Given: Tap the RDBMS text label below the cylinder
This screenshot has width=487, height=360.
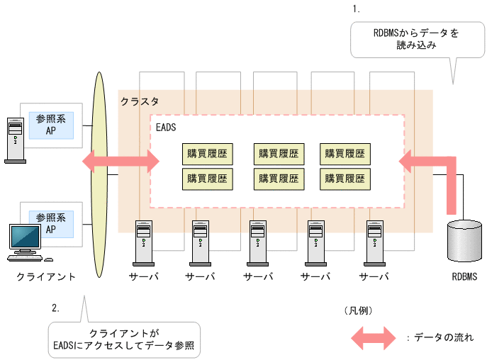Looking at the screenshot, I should [464, 277].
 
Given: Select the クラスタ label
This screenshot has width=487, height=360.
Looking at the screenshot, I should [140, 102].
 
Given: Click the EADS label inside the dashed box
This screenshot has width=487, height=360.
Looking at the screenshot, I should [165, 128].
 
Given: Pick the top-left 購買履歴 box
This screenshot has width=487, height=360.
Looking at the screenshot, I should [208, 153].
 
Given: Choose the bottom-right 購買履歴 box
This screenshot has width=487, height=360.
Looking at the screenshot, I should [345, 179].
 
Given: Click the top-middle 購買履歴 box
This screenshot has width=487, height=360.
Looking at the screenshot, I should [279, 153].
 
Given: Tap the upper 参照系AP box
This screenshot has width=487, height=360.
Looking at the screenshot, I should [51, 126].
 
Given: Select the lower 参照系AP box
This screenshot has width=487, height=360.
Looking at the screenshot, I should [51, 223].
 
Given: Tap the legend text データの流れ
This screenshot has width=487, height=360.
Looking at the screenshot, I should [440, 338].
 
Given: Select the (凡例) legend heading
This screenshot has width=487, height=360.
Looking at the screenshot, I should [358, 310].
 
